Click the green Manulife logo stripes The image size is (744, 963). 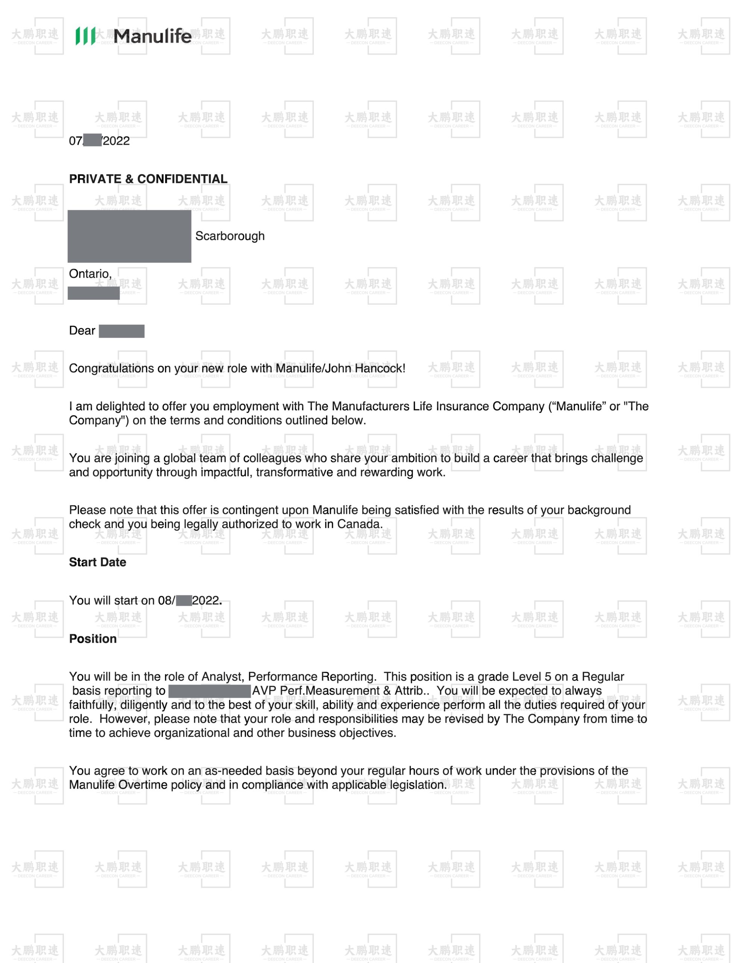coord(85,36)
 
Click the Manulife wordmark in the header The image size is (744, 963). coord(153,36)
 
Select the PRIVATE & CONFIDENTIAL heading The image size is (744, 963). coord(148,179)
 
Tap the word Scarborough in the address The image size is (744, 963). coord(230,236)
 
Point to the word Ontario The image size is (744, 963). coord(90,274)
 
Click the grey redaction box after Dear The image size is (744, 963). coord(121,331)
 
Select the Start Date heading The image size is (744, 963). coord(97,562)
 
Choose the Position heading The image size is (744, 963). coord(93,639)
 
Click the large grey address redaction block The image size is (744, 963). coord(129,236)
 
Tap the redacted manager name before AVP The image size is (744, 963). coord(210,691)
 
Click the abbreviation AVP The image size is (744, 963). coord(264,691)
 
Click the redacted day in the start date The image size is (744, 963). coord(184,600)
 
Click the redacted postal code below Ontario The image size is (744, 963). coord(94,293)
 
